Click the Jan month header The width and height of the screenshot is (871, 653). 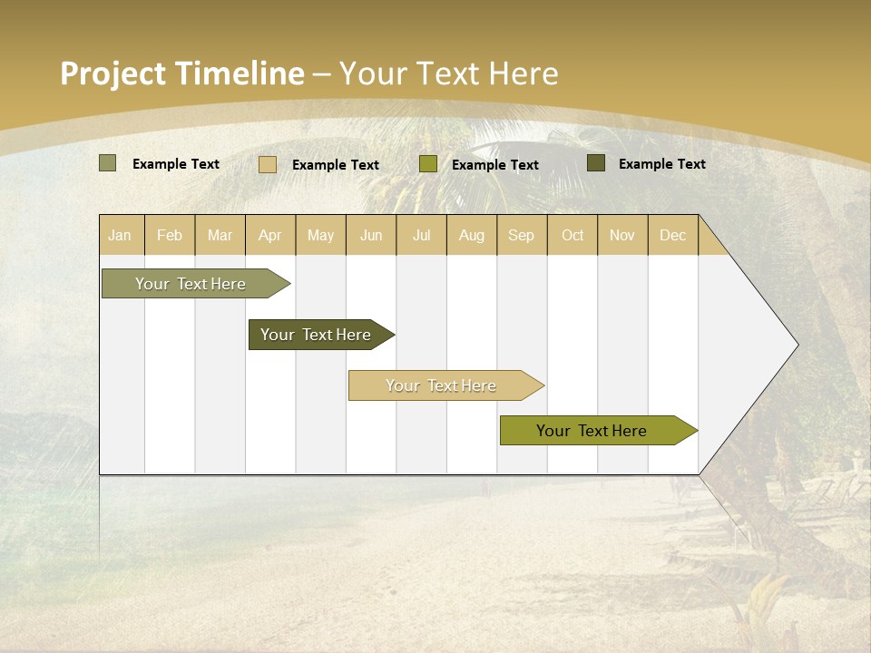click(120, 235)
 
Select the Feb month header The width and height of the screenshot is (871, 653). click(170, 235)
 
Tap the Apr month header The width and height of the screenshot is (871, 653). click(270, 235)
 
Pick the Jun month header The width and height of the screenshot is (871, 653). click(371, 235)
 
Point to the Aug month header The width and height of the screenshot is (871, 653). click(472, 235)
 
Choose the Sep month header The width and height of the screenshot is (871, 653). click(522, 235)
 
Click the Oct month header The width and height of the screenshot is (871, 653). click(573, 235)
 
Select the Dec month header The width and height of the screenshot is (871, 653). click(673, 235)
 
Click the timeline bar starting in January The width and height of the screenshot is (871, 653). click(191, 284)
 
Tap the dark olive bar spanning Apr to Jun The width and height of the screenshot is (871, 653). click(316, 335)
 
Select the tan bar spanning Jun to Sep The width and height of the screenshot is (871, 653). click(441, 385)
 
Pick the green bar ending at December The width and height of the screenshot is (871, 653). click(592, 431)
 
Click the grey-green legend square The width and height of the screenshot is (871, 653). click(107, 163)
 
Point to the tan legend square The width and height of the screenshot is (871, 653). click(267, 164)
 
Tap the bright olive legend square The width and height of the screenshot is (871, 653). click(428, 164)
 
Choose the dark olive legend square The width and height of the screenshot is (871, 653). click(595, 163)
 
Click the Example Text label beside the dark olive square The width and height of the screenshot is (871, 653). click(661, 164)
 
